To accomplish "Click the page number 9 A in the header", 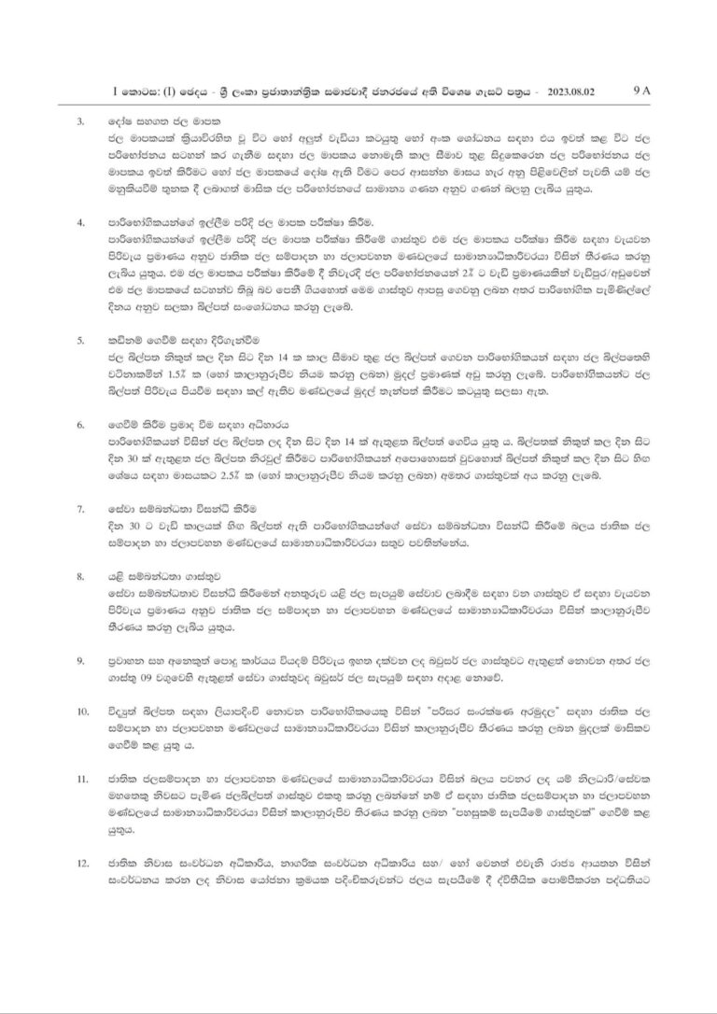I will pos(645,91).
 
